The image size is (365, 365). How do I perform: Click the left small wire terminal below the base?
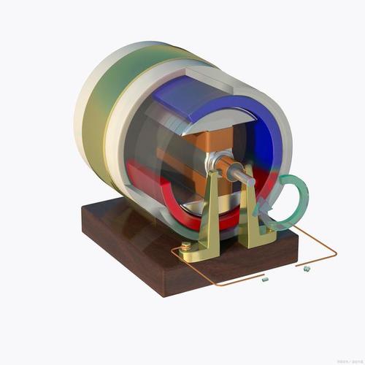(264, 278)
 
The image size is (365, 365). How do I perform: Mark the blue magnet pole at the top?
(197, 99)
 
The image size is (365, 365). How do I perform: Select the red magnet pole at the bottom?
(168, 201)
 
